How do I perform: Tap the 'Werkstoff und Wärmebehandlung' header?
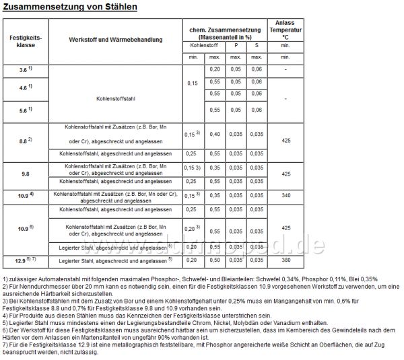[x=115, y=40]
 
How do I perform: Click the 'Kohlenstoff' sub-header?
[x=205, y=45]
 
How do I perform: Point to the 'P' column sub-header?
[x=236, y=45]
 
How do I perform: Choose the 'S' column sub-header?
[x=256, y=45]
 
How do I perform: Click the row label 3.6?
[x=24, y=70]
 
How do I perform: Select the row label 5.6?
[x=24, y=110]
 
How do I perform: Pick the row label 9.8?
[x=24, y=174]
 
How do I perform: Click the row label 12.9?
[x=24, y=260]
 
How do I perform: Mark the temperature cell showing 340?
[x=285, y=195]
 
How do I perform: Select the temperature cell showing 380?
[x=285, y=260]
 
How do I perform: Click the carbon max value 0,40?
[x=215, y=135]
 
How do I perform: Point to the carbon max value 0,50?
[x=215, y=260]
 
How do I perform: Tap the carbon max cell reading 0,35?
[x=215, y=195]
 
